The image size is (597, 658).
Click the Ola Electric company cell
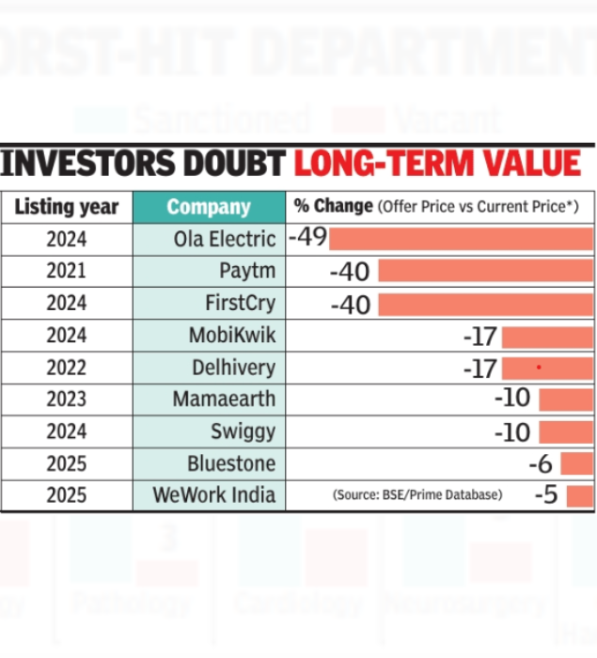tap(224, 239)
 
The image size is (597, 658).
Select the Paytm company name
tap(246, 271)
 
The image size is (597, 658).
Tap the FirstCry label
tap(239, 303)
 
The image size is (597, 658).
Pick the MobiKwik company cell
tap(232, 335)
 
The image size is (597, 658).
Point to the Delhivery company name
tap(232, 367)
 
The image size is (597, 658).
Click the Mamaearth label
tap(224, 399)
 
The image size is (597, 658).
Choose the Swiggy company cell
tap(244, 431)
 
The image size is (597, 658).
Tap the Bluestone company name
tap(231, 462)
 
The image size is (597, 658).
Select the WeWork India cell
tap(214, 494)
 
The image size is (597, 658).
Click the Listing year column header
tap(66, 207)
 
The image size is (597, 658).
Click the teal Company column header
tap(208, 207)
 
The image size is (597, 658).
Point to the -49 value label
tap(308, 237)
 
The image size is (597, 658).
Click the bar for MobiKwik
tap(547, 336)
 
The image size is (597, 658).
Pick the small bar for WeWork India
tap(580, 494)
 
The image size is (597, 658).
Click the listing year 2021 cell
tap(66, 271)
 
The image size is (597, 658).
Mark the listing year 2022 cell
tap(66, 367)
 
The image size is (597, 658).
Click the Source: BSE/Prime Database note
tap(416, 494)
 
